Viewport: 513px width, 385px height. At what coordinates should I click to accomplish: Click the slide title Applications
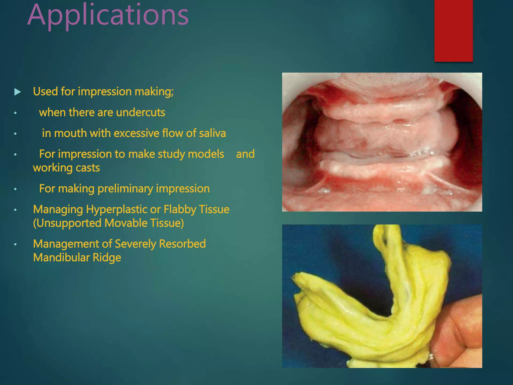tap(108, 16)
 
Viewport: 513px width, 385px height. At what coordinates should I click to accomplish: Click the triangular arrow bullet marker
tap(18, 92)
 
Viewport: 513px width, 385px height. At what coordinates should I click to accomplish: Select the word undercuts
tap(141, 113)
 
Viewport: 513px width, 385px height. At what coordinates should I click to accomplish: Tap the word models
tap(206, 154)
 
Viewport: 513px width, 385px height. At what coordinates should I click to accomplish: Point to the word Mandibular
tap(61, 258)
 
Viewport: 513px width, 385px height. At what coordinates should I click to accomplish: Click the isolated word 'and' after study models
tap(245, 154)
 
